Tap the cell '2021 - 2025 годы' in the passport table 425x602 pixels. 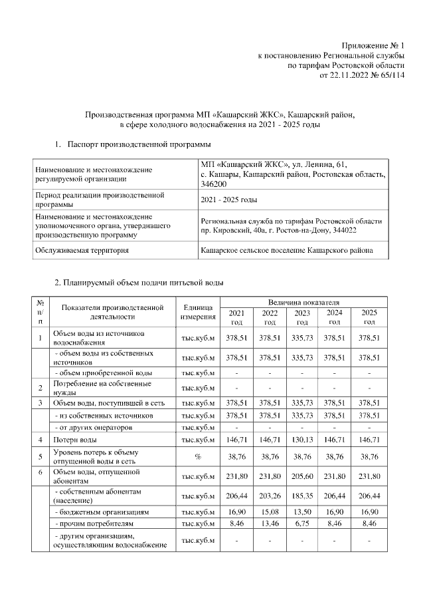click(229, 200)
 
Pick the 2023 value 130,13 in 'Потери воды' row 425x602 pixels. click(302, 440)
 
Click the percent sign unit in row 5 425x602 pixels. click(197, 458)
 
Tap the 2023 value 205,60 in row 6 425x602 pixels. click(302, 476)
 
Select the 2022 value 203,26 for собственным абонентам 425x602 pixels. click(270, 496)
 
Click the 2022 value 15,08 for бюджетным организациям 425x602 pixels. click(270, 513)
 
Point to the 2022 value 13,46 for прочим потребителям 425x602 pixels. click(270, 524)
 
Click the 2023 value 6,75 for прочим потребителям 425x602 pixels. click(302, 524)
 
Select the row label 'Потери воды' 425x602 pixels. click(74, 440)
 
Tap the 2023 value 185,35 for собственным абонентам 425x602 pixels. click(302, 496)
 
